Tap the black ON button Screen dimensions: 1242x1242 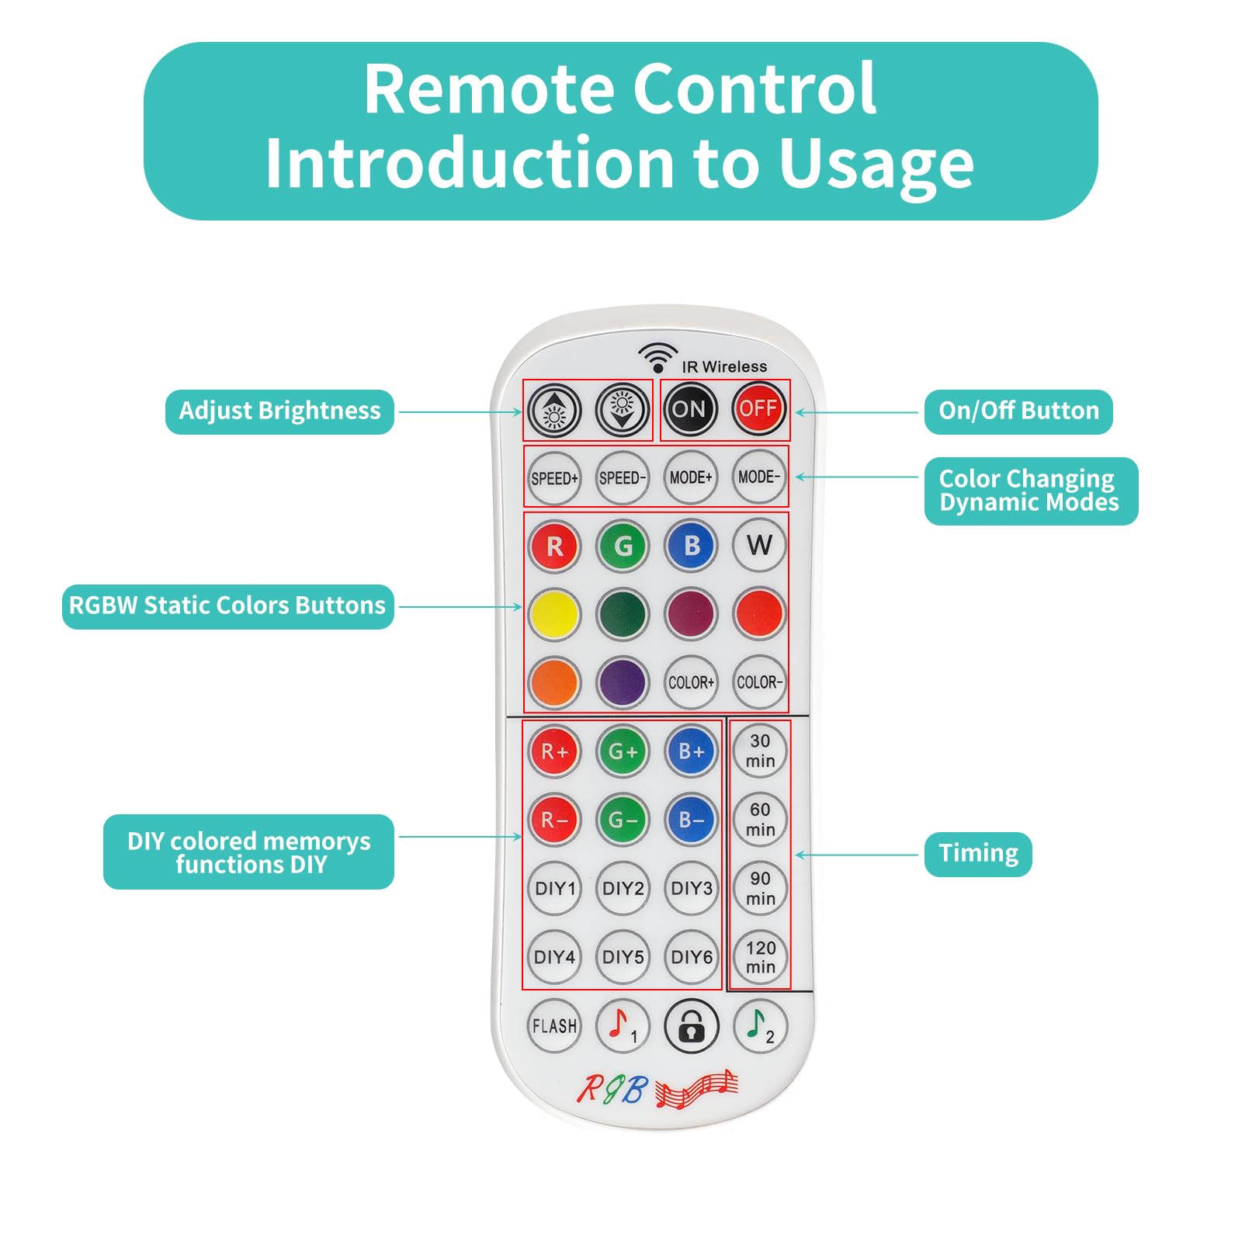(689, 409)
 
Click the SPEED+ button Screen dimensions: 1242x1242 (554, 477)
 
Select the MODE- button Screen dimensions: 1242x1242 (759, 477)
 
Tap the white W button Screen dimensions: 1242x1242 (759, 545)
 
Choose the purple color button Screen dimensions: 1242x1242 (623, 683)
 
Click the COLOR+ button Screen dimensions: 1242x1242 (691, 682)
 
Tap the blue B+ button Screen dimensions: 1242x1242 (691, 751)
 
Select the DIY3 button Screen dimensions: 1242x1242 (691, 888)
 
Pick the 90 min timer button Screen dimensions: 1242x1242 (760, 888)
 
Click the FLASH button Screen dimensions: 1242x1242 (554, 1025)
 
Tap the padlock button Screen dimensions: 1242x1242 (691, 1025)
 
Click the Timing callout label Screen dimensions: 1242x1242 (978, 854)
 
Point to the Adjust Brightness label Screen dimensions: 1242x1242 (279, 411)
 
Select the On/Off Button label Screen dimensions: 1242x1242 (1018, 411)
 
